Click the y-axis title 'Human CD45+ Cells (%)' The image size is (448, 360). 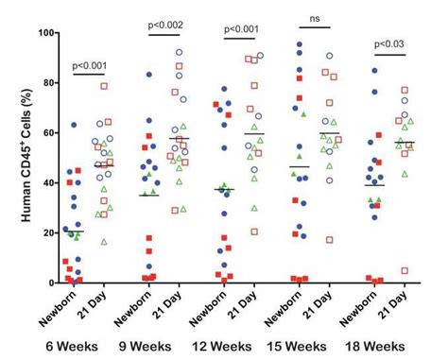click(x=11, y=156)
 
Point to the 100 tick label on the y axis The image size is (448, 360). click(x=42, y=33)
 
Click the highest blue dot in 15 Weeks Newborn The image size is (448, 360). click(x=301, y=44)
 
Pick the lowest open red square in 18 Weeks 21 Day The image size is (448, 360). click(x=404, y=270)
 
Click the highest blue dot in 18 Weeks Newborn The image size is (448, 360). click(x=375, y=71)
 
